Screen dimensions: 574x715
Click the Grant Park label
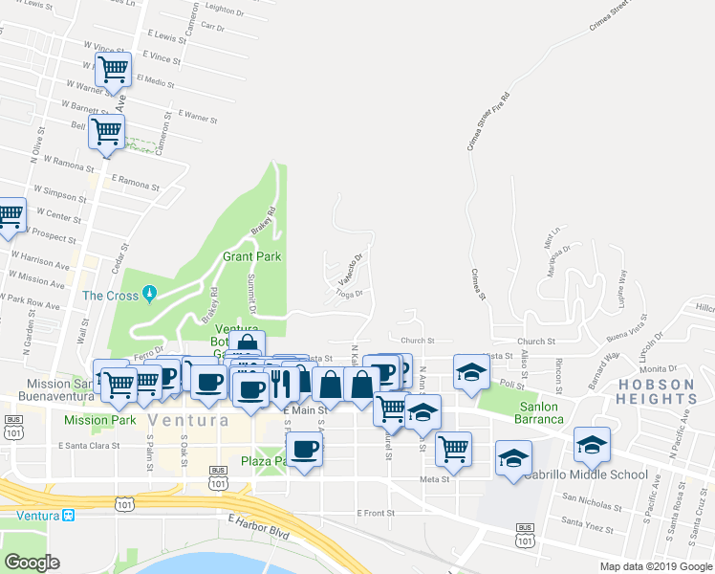(x=252, y=256)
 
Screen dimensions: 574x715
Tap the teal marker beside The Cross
(x=148, y=295)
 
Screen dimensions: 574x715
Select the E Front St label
(x=376, y=514)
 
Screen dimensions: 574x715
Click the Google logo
(x=32, y=563)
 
